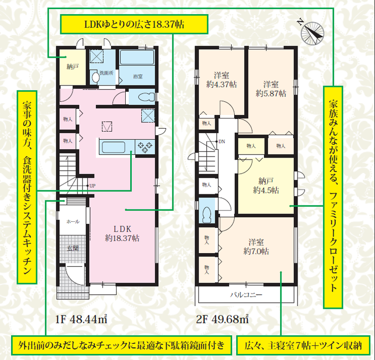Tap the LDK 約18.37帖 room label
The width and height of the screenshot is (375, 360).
point(122,233)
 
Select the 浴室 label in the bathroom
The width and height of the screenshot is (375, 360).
point(138,76)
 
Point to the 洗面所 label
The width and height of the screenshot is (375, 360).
point(106,73)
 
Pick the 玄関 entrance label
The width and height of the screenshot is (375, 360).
point(72,248)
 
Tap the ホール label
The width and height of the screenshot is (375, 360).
point(73,222)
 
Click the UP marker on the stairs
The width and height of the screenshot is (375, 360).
point(92,186)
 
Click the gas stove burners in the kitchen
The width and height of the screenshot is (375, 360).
point(145,147)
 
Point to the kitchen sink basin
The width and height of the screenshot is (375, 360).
point(114,147)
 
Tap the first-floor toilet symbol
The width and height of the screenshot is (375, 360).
point(146,97)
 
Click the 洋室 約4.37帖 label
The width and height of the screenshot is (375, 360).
point(221,80)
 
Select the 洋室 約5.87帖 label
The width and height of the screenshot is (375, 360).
point(271,89)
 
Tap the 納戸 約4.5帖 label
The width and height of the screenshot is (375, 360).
point(266,186)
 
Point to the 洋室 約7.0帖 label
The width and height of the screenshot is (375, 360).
point(256,247)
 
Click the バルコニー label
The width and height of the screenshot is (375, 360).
point(246,295)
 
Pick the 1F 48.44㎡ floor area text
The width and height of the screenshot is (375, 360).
point(81,319)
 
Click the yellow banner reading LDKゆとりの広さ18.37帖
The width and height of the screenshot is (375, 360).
point(134,24)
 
